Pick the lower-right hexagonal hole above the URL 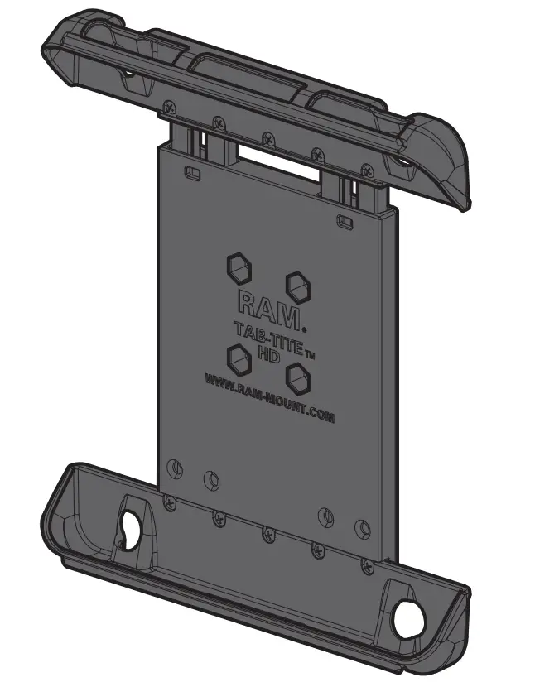pyautogui.click(x=298, y=376)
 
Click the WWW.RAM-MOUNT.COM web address pyautogui.click(x=269, y=399)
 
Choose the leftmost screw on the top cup pyautogui.click(x=170, y=106)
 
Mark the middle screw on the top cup pyautogui.click(x=267, y=138)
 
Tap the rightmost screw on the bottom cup pyautogui.click(x=366, y=566)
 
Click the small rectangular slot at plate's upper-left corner pyautogui.click(x=191, y=173)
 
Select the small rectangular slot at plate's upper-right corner pyautogui.click(x=343, y=220)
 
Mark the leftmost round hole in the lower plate pyautogui.click(x=173, y=468)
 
